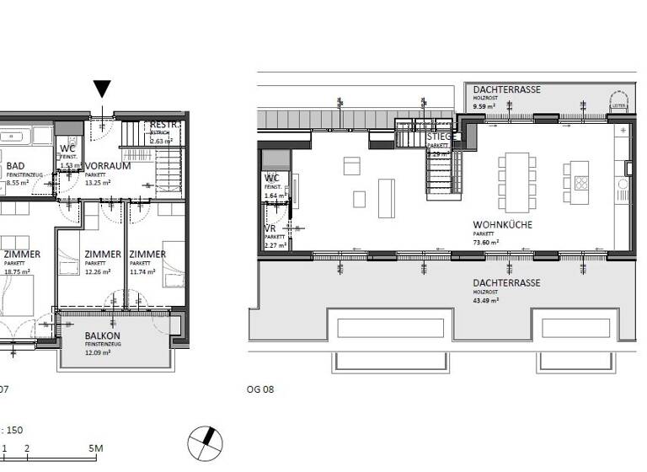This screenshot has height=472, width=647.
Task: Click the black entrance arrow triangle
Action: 102,89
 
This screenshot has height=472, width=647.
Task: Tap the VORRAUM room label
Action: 107,166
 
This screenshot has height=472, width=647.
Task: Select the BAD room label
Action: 15,167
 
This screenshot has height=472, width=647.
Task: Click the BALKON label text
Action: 102,335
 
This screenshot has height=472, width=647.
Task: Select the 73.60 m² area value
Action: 486,241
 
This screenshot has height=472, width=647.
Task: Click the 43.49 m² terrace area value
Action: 486,299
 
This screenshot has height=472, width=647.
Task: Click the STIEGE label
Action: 441,137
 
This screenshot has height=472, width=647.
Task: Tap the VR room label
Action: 271,228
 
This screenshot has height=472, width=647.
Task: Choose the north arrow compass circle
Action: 206,441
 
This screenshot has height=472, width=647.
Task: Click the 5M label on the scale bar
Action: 95,448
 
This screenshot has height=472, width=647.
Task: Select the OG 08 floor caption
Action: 260,389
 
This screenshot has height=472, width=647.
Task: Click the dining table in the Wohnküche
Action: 515,182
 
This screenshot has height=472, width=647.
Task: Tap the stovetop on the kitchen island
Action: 581,182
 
